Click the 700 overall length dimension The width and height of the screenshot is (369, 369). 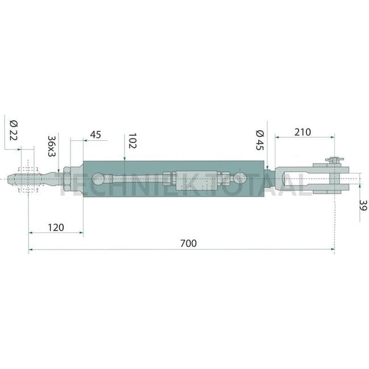tap(188, 244)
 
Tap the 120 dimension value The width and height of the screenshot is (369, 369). tap(56, 228)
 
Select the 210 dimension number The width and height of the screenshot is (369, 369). tap(303, 132)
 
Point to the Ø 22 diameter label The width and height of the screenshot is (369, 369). tap(14, 130)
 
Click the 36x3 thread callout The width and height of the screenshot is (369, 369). tap(52, 146)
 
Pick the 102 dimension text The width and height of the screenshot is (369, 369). tap(132, 141)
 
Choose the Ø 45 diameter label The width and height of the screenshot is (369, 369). tap(260, 140)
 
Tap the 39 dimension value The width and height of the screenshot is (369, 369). tap(363, 205)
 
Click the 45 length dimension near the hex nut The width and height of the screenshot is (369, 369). tap(95, 135)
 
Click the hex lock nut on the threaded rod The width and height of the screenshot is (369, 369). tap(67, 179)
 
